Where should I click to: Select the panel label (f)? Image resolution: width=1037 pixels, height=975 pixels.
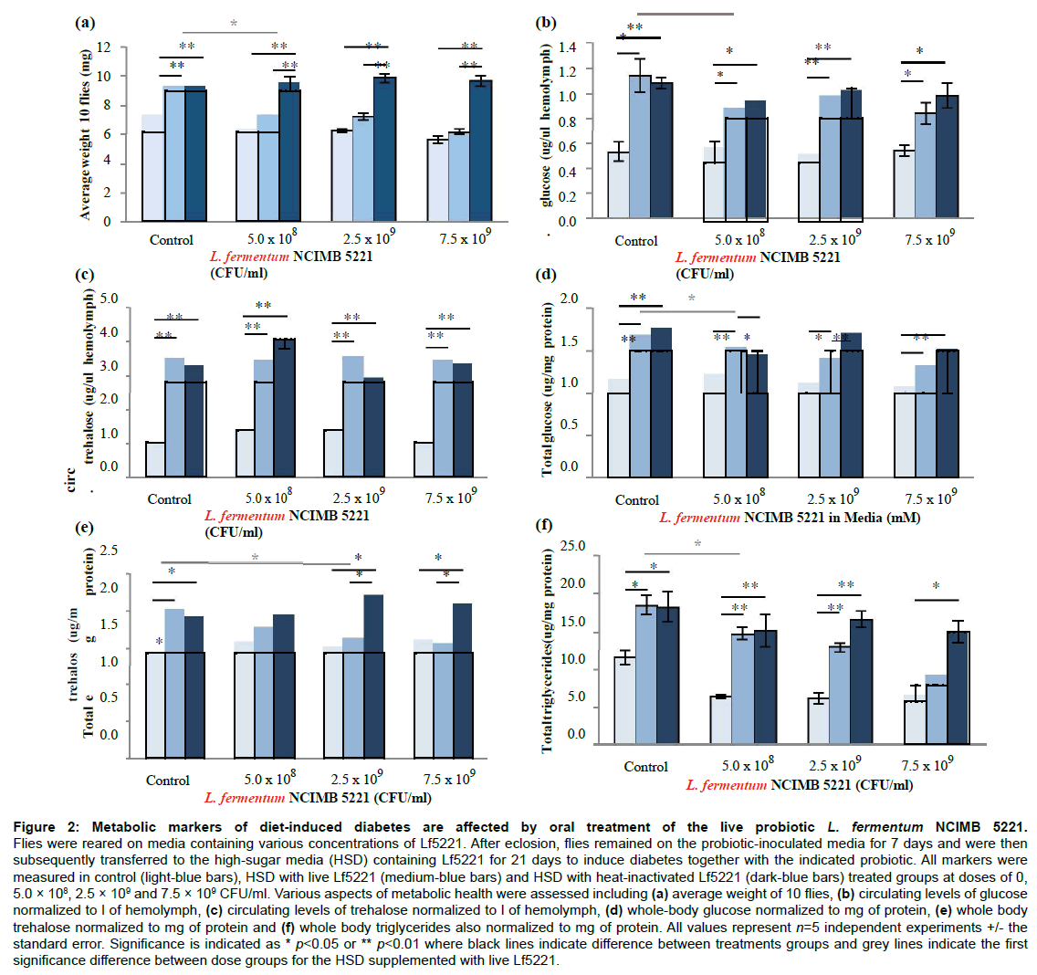[544, 525]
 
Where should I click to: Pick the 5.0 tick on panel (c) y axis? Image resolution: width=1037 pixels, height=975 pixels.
[109, 299]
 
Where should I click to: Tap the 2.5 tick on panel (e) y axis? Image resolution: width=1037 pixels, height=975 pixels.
[109, 550]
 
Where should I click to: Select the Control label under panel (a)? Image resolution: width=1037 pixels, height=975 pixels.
[172, 240]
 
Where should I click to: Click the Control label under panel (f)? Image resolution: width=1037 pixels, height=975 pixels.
[646, 766]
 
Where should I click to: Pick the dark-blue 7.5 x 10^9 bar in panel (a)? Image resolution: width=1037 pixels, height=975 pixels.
[481, 151]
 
